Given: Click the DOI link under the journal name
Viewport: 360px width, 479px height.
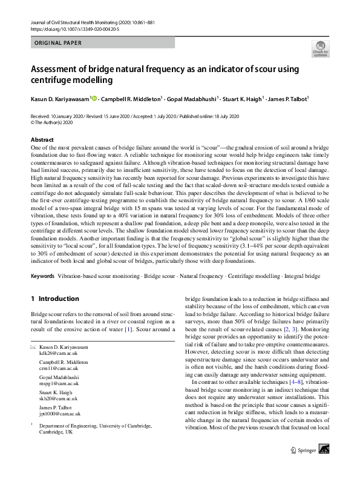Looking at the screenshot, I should pyautogui.click(x=77, y=29).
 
